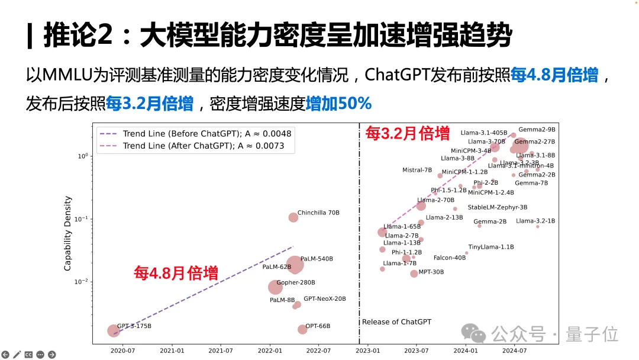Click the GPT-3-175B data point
pos(114,331)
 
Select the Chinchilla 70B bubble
pos(293,217)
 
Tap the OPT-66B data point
pos(302,329)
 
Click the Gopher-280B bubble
pos(275,287)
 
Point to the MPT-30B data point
pos(414,274)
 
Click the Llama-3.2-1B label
pos(535,221)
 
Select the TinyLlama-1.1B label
pos(491,247)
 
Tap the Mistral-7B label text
pos(417,171)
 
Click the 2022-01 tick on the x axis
pos(270,351)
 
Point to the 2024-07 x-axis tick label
pos(514,351)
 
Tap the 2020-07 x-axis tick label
pos(122,351)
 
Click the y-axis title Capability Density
pos(67,234)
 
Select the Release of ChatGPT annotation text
pos(396,322)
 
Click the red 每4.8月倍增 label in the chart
pos(176,274)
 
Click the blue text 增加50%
pos(339,104)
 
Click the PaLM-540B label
pos(317,259)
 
